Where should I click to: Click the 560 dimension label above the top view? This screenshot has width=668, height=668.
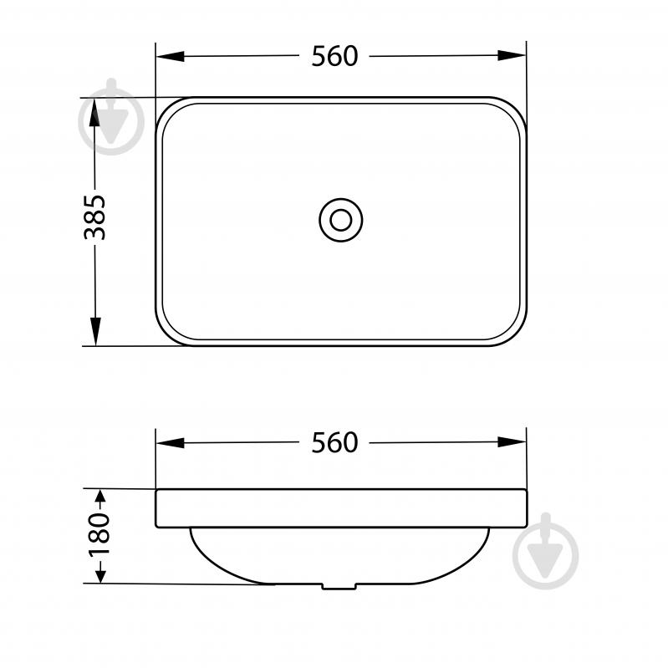[x=334, y=56]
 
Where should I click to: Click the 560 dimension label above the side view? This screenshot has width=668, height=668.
[x=334, y=442]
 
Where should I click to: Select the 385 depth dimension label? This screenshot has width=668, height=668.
[x=94, y=217]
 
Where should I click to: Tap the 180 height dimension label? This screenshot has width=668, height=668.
[x=99, y=535]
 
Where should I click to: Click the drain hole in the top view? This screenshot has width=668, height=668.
[x=341, y=220]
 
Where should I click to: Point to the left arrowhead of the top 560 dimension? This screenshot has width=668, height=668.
[x=171, y=56]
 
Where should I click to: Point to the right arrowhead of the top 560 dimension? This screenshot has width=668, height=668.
[x=512, y=55]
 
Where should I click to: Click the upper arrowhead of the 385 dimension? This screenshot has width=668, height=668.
[x=94, y=113]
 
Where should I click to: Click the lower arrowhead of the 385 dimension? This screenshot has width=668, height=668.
[x=96, y=331]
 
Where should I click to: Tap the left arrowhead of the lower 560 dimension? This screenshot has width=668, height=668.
[x=171, y=443]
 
